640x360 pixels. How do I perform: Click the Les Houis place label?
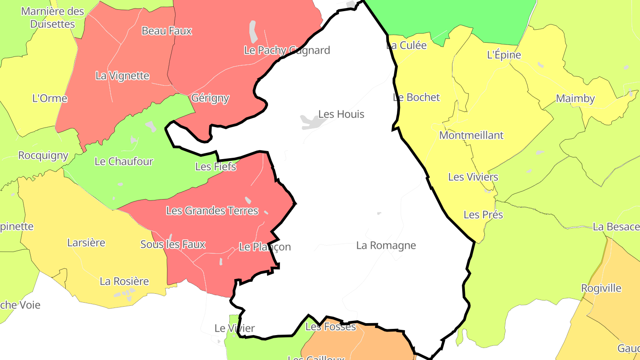click(x=341, y=114)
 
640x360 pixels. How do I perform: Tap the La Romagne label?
click(x=386, y=245)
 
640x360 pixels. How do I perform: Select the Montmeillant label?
click(x=471, y=135)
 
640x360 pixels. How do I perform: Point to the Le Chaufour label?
click(x=124, y=161)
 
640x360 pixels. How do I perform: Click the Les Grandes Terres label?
click(x=212, y=211)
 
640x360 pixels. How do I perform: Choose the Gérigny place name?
click(x=210, y=98)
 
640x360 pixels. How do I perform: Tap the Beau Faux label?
click(x=167, y=31)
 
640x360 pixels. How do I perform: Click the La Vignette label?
click(x=122, y=76)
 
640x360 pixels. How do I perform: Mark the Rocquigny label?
click(x=43, y=156)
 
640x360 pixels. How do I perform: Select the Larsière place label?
click(x=86, y=243)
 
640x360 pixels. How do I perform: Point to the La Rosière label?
click(x=124, y=281)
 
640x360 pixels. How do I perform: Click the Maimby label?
click(x=575, y=99)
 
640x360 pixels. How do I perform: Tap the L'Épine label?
click(x=504, y=55)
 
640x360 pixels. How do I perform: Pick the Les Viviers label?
click(x=473, y=177)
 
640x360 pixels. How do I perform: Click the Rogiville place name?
click(x=601, y=288)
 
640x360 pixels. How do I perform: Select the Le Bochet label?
click(x=416, y=97)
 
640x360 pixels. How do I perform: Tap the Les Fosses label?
click(x=331, y=327)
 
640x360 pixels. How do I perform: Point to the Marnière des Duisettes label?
click(x=52, y=17)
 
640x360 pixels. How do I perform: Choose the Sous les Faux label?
click(x=172, y=244)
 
